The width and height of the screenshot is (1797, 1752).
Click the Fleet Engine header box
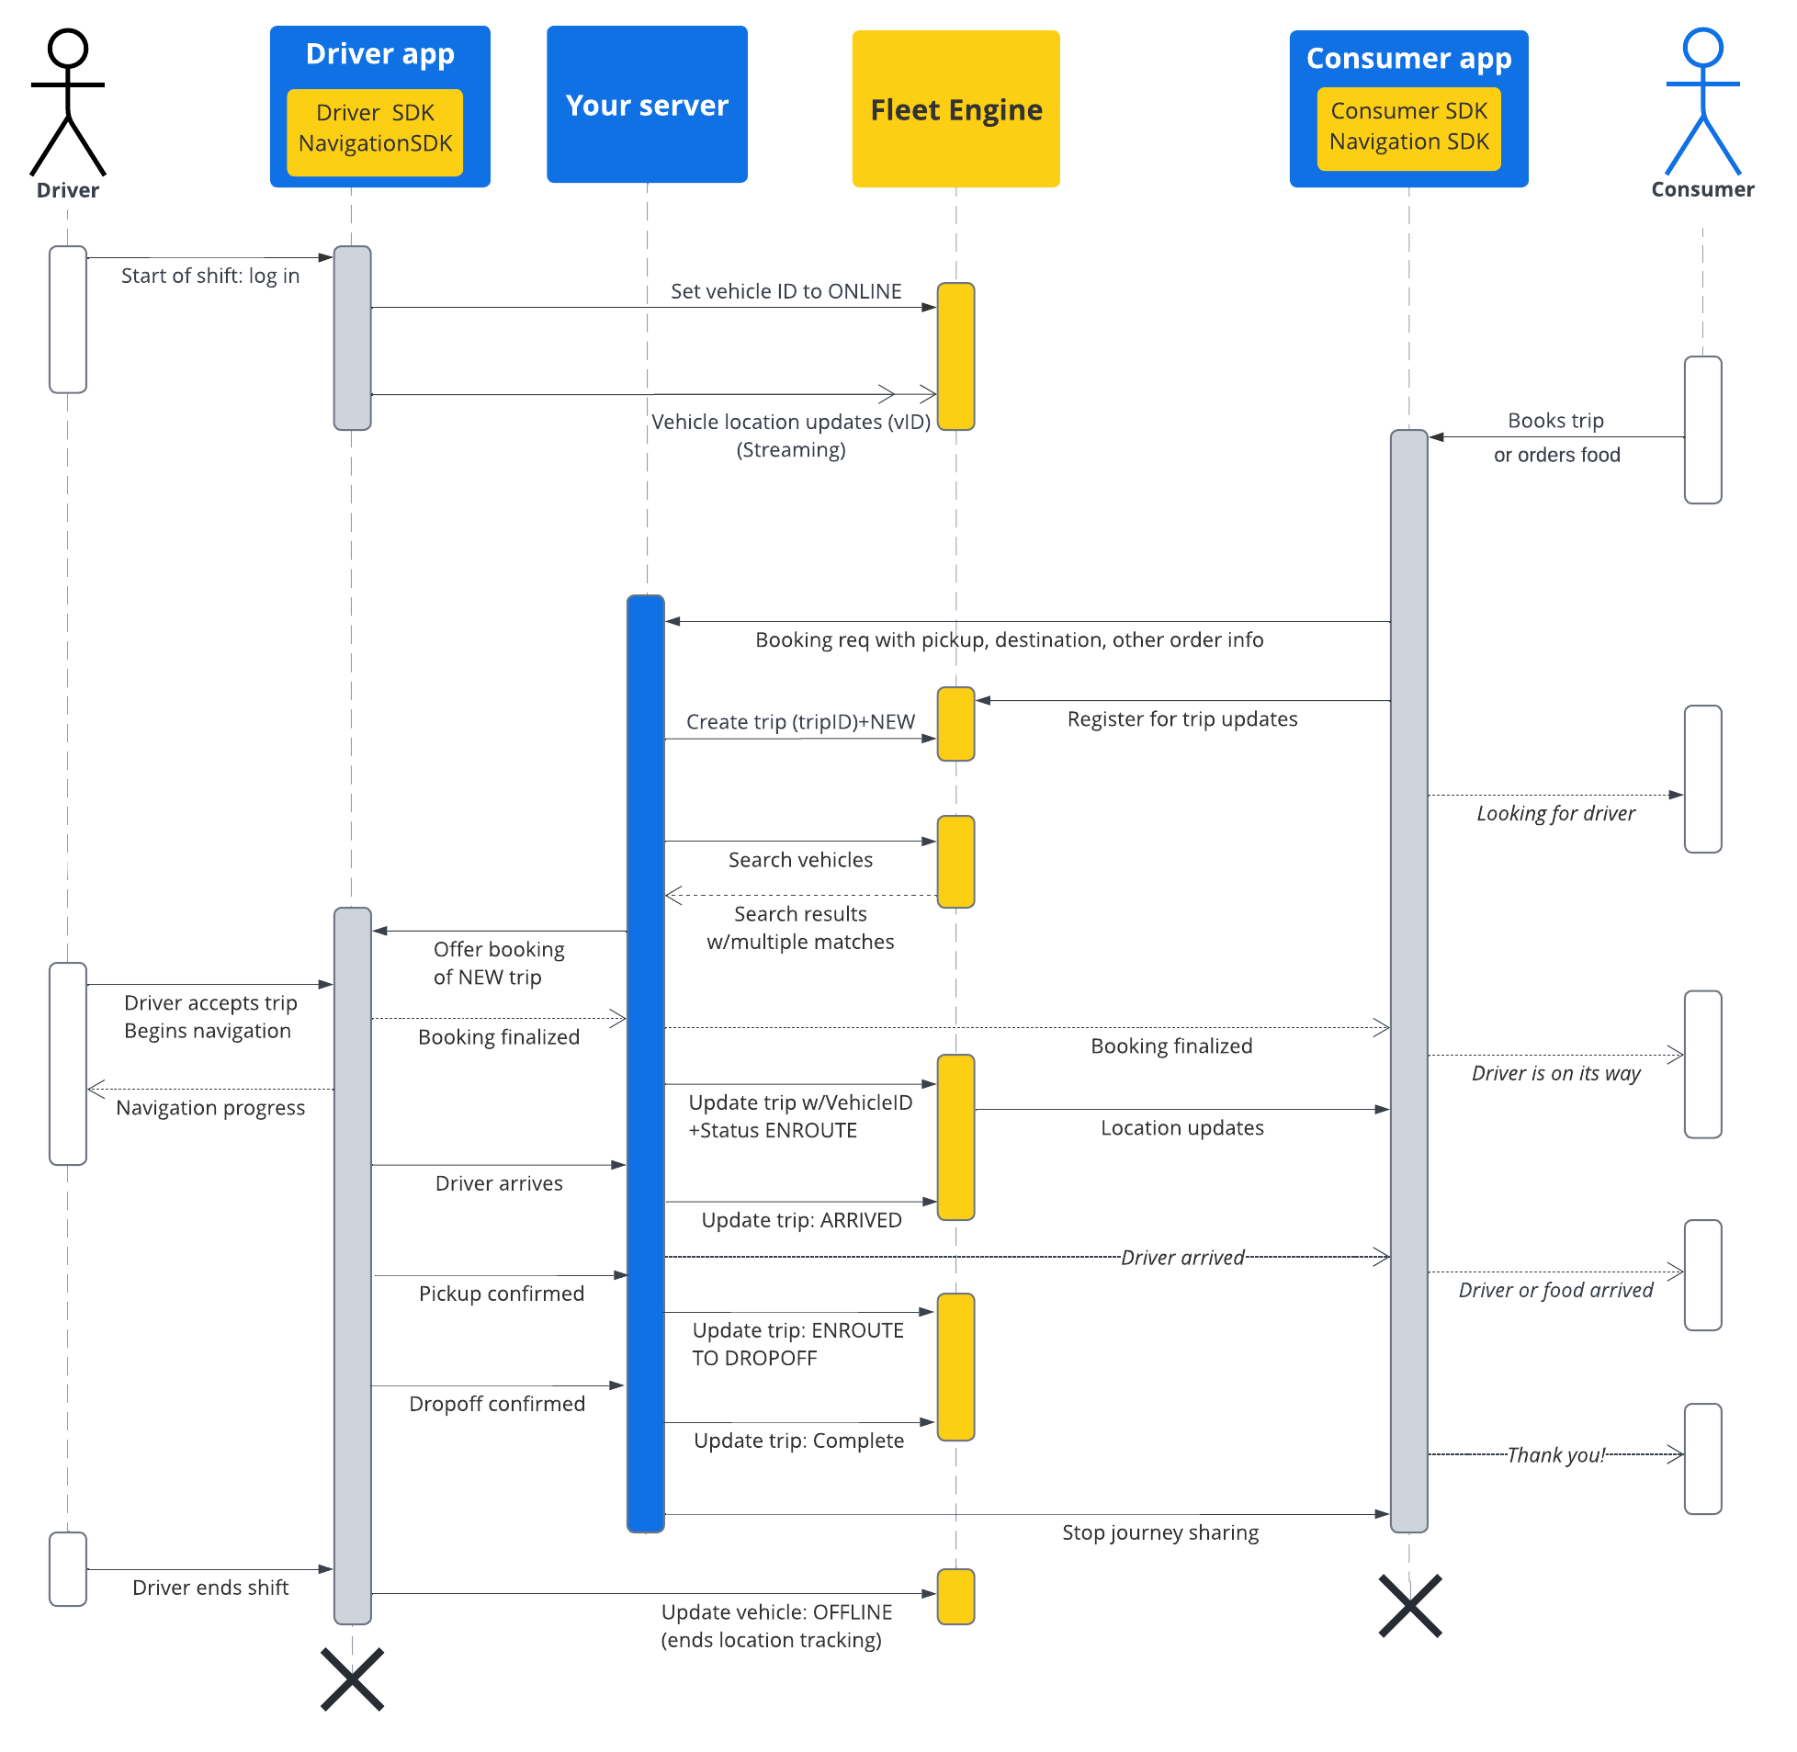tap(955, 108)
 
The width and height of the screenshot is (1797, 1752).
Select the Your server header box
tap(647, 104)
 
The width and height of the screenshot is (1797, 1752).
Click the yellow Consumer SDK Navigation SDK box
tap(1407, 128)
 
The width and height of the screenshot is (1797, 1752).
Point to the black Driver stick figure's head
tap(68, 48)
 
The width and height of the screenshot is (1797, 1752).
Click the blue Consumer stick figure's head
tap(1702, 47)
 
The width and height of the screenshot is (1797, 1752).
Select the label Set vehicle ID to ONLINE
tap(785, 291)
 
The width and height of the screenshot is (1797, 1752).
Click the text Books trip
tap(1555, 421)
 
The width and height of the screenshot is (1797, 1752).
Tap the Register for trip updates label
tap(1181, 718)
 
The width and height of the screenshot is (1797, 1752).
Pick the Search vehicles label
tap(800, 859)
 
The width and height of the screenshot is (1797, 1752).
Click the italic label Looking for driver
tap(1555, 813)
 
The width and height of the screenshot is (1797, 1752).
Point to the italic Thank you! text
tap(1555, 1454)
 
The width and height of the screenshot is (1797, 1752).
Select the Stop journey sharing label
tap(1159, 1532)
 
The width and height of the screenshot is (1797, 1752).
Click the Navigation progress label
tap(210, 1108)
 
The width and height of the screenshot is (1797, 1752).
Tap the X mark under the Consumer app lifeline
tap(1409, 1606)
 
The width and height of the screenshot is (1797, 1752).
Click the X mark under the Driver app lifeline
tap(353, 1679)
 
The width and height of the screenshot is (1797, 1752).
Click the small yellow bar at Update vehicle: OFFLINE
tap(955, 1597)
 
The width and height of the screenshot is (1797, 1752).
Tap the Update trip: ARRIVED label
tap(801, 1220)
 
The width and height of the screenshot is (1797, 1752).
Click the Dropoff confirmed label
tap(497, 1403)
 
